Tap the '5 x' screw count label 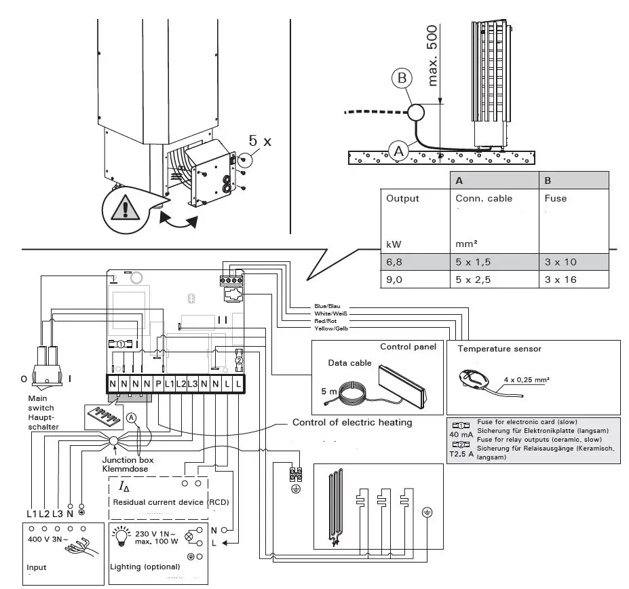[259, 142]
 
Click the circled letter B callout [402, 79]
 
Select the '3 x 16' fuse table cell [561, 279]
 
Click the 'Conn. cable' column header [484, 198]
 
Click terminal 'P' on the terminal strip [158, 385]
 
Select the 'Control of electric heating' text [351, 423]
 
